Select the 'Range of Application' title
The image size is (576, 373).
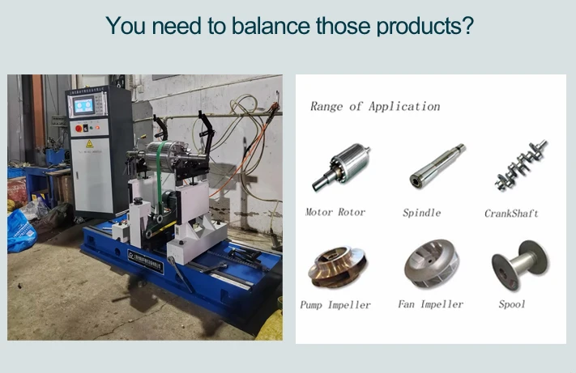[375, 106]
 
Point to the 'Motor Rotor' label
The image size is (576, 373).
[335, 212]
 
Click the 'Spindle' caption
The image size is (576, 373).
[421, 213]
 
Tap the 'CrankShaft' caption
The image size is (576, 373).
[511, 214]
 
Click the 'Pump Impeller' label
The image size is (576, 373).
[335, 305]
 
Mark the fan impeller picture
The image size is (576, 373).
[432, 263]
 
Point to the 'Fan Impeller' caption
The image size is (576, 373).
[430, 304]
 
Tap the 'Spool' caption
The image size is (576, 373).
[511, 304]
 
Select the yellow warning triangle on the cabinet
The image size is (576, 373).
[90, 143]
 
